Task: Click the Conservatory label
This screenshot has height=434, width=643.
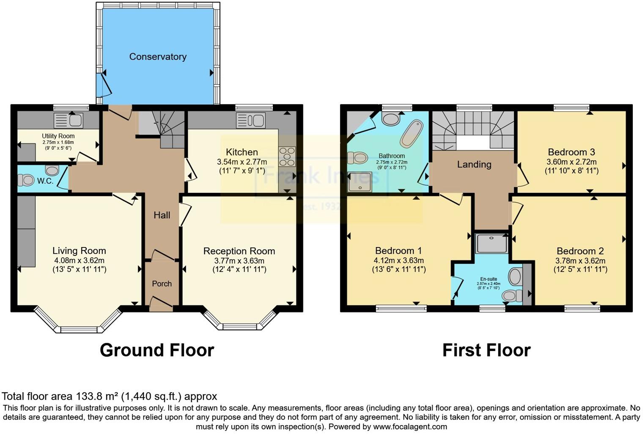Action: pyautogui.click(x=158, y=57)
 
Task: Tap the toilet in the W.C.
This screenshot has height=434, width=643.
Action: pyautogui.click(x=26, y=181)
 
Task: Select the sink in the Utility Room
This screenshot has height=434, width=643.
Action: pyautogui.click(x=69, y=120)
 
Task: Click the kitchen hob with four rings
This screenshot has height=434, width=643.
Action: pyautogui.click(x=287, y=157)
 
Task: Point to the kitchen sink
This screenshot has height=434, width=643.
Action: pyautogui.click(x=250, y=121)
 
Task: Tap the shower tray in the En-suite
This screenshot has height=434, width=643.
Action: pyautogui.click(x=492, y=243)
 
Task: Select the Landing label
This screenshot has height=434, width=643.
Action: pyautogui.click(x=474, y=165)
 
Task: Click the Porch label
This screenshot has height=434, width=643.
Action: pyautogui.click(x=162, y=284)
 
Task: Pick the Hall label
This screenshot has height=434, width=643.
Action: pyautogui.click(x=162, y=215)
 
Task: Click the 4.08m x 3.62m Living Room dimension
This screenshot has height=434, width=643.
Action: pyautogui.click(x=79, y=261)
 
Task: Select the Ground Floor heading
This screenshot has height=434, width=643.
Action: pyautogui.click(x=157, y=350)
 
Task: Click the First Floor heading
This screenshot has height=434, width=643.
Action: pyautogui.click(x=486, y=350)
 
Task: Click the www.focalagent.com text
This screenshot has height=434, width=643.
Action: pyautogui.click(x=409, y=426)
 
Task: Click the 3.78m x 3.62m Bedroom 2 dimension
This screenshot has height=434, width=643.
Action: pyautogui.click(x=580, y=261)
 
